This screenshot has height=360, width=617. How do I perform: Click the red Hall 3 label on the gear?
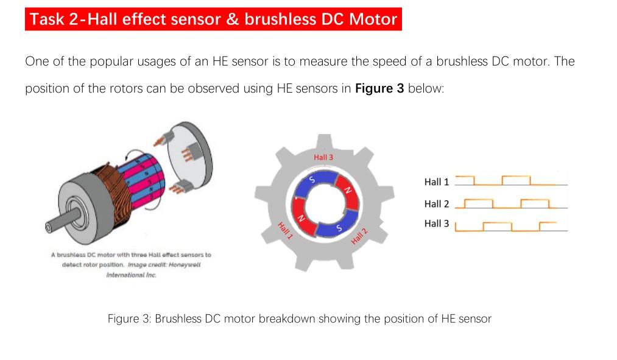click(x=323, y=157)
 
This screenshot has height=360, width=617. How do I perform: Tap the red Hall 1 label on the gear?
click(x=285, y=231)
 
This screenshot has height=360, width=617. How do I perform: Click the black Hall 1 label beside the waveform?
click(x=436, y=182)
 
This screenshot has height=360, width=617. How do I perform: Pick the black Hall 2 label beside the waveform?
click(x=436, y=203)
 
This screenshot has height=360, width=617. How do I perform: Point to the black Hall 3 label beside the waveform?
click(x=436, y=224)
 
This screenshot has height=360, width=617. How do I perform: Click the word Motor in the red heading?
click(x=373, y=19)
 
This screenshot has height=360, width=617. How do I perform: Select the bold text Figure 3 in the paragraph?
click(x=379, y=88)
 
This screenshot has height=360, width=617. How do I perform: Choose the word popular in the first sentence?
click(x=115, y=62)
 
